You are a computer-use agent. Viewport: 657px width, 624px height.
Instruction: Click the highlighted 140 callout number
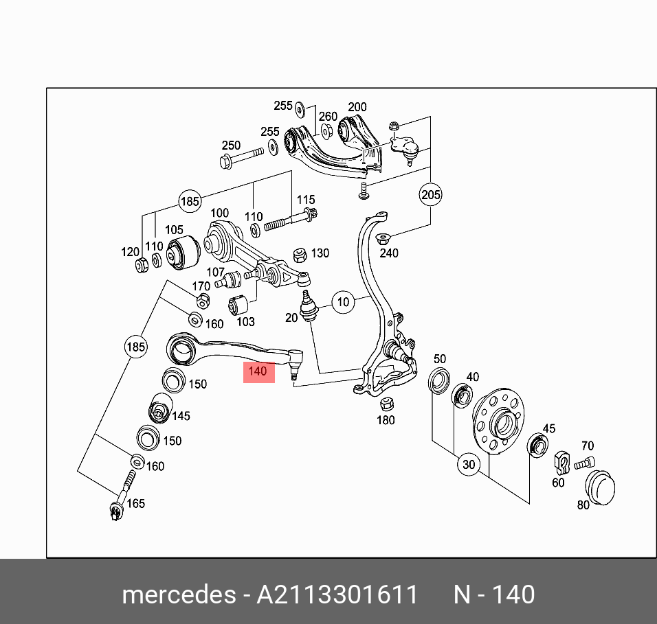coord(258,371)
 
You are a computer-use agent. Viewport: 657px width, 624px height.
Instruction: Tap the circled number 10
coord(343,302)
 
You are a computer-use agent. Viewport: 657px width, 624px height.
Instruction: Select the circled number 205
coord(430,194)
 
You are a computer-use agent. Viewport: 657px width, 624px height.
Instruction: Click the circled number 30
coord(469,464)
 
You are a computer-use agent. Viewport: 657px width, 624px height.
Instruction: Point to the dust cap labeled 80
coord(600,487)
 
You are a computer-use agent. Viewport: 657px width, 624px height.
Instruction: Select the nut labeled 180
coord(386,404)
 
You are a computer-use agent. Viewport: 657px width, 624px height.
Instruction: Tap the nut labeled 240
coord(382,240)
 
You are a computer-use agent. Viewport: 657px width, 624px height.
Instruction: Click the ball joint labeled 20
coord(308,306)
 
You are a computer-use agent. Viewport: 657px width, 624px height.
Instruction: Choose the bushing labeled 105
coord(183,251)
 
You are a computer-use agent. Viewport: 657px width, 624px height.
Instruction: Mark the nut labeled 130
coord(300,255)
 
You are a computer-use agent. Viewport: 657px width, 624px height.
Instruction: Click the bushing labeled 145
coord(161,407)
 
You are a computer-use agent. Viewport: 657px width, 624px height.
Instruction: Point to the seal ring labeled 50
coord(438,380)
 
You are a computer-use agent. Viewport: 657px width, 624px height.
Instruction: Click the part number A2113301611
coord(337,594)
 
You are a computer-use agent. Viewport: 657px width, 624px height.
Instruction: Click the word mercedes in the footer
coord(179,594)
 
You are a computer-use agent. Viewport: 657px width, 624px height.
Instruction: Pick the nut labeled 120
coord(142,266)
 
